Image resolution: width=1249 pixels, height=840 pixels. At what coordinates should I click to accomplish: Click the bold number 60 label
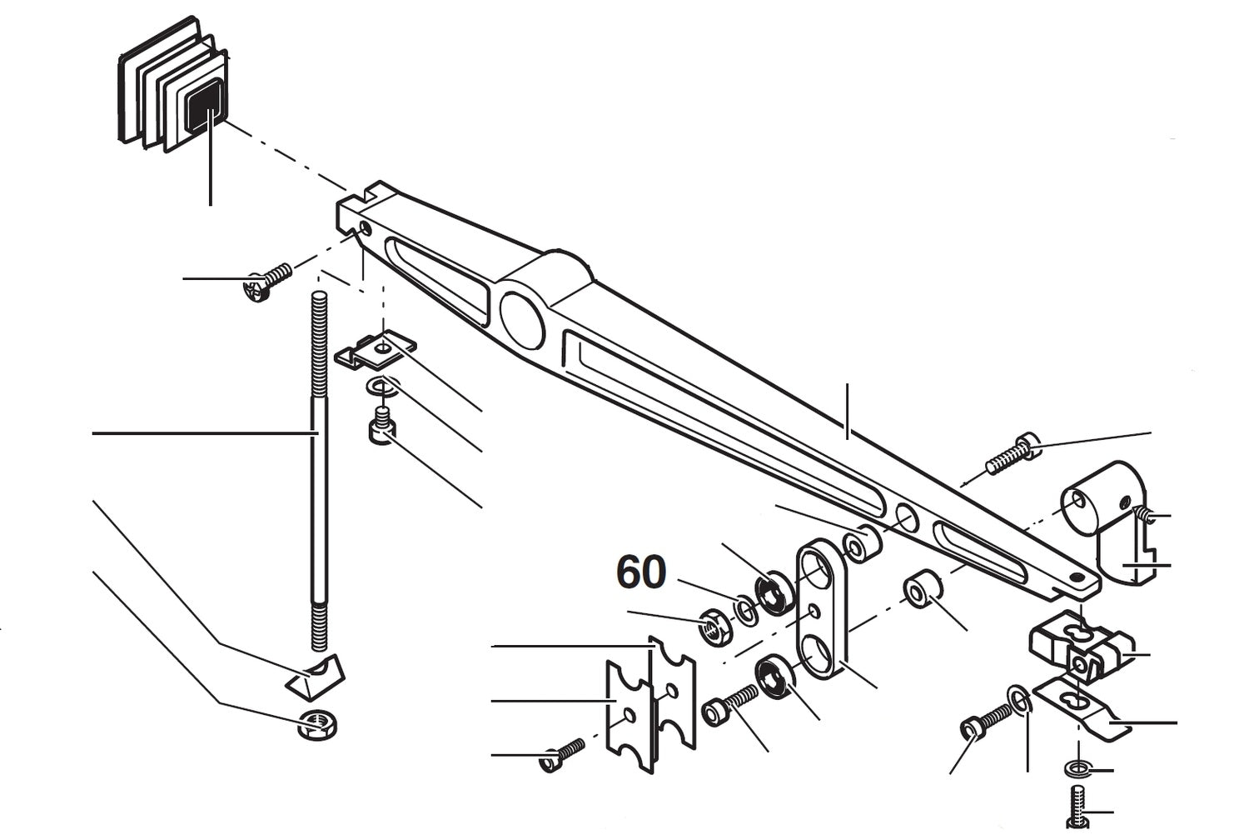coord(641,572)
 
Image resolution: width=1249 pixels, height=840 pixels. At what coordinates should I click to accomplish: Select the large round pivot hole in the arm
coord(522,319)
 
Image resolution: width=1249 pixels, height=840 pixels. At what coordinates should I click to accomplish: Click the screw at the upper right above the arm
coord(1012,454)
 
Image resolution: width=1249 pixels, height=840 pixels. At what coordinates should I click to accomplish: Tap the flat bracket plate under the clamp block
coord(1081,708)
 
